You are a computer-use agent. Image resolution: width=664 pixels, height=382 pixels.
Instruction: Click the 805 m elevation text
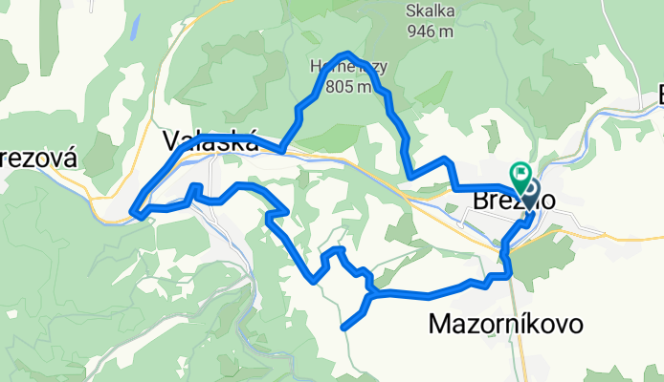click(348, 88)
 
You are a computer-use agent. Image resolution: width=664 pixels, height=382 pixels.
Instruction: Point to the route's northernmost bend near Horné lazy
click(348, 53)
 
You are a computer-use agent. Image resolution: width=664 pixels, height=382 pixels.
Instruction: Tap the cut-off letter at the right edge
click(658, 95)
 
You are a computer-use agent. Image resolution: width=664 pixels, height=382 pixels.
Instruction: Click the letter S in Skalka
click(411, 12)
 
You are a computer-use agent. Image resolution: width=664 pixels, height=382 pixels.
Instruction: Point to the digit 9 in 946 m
click(413, 32)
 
